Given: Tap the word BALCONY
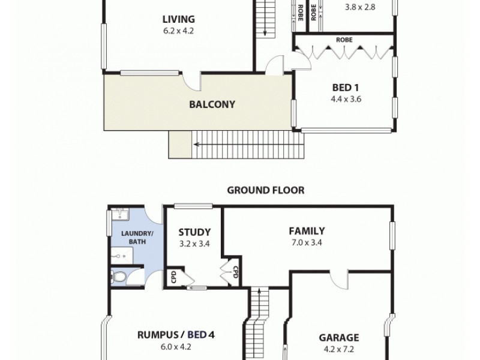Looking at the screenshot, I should click(x=212, y=104).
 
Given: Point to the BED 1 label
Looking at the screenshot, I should click(x=341, y=88).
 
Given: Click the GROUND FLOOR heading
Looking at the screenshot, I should click(x=265, y=190).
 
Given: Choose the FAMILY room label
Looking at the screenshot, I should click(x=307, y=231).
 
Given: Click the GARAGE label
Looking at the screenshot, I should click(x=338, y=337).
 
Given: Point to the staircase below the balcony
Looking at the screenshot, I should click(x=246, y=144).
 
